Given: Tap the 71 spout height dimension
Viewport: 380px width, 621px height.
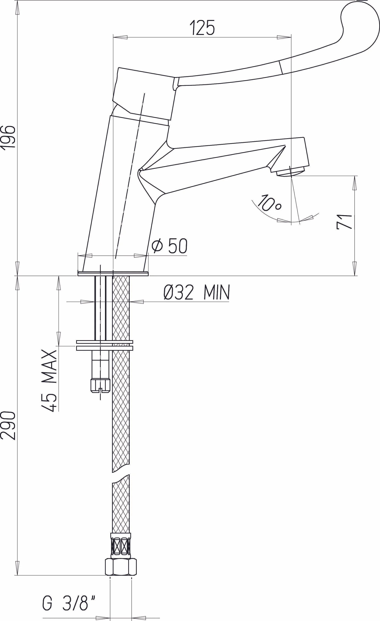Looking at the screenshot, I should click(x=344, y=222).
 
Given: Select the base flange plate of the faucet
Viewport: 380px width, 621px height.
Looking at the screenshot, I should click(x=113, y=274).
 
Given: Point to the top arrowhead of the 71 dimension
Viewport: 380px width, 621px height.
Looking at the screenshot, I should click(x=354, y=183).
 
